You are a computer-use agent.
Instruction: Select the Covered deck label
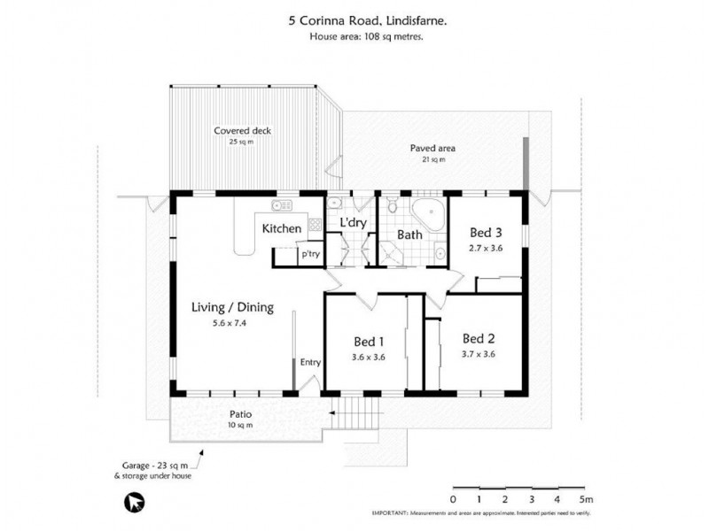pos(242,131)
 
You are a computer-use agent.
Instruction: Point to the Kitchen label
pos(282,229)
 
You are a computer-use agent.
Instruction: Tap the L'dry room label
pos(353,223)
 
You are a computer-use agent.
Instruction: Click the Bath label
pos(409,235)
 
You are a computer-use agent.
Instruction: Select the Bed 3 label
pos(485,233)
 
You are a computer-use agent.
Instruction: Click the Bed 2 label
pos(478,338)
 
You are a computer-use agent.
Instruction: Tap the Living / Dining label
pos(233,308)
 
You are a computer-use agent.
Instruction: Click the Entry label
pos(310,362)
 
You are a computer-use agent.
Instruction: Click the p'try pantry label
pos(310,254)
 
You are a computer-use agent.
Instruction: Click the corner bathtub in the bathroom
pos(432,214)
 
